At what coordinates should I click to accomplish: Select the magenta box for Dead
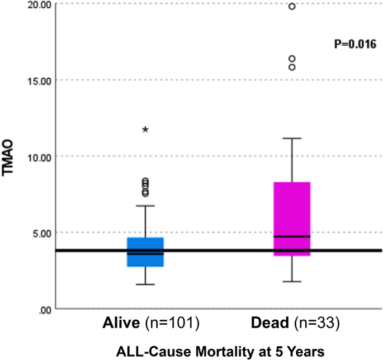tap(291, 219)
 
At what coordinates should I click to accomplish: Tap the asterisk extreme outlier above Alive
tap(145, 130)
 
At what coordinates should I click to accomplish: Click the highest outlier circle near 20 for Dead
tap(291, 6)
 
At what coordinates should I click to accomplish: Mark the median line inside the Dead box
tap(291, 236)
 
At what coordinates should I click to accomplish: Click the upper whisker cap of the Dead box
tap(291, 138)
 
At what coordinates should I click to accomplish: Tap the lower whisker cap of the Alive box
tap(145, 285)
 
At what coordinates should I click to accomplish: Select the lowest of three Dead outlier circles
tap(291, 68)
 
